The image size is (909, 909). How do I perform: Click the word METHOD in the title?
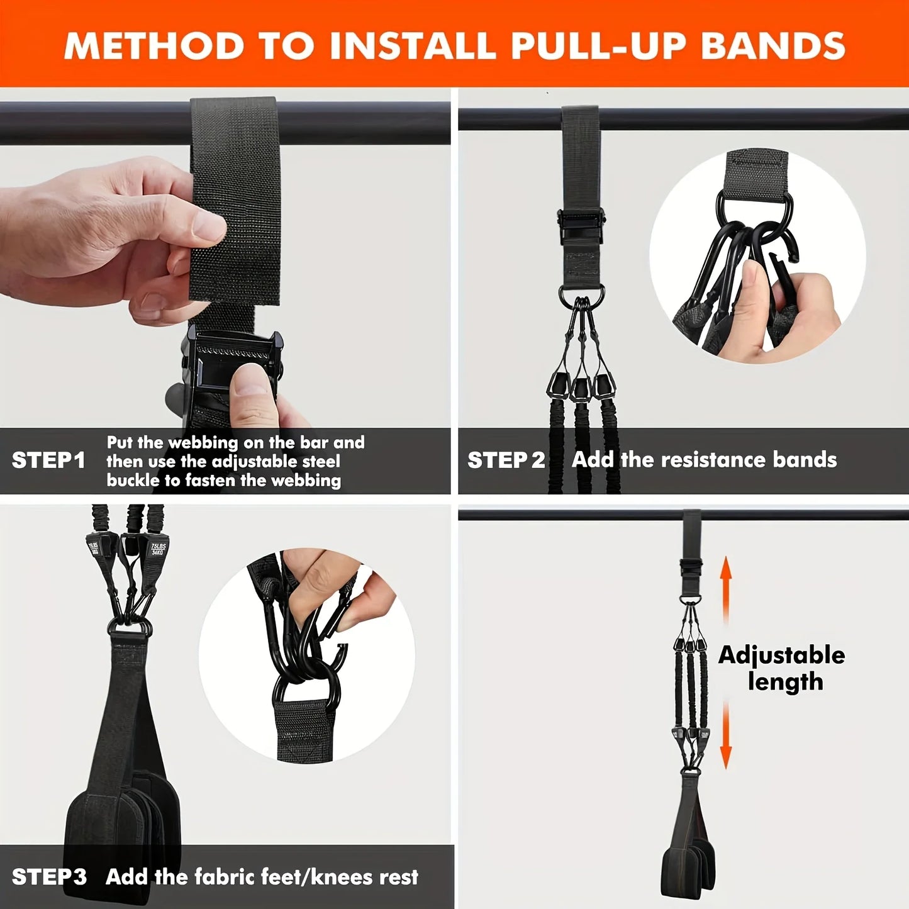[154, 45]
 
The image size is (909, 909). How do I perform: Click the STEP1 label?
[48, 460]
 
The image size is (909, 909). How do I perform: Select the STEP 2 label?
[506, 460]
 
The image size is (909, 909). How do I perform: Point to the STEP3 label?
[49, 877]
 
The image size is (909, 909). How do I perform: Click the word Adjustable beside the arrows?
[781, 655]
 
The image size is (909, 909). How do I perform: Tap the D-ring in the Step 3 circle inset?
[305, 688]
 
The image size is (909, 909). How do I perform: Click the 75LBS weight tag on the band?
[158, 549]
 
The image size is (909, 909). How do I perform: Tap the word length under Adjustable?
[785, 682]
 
